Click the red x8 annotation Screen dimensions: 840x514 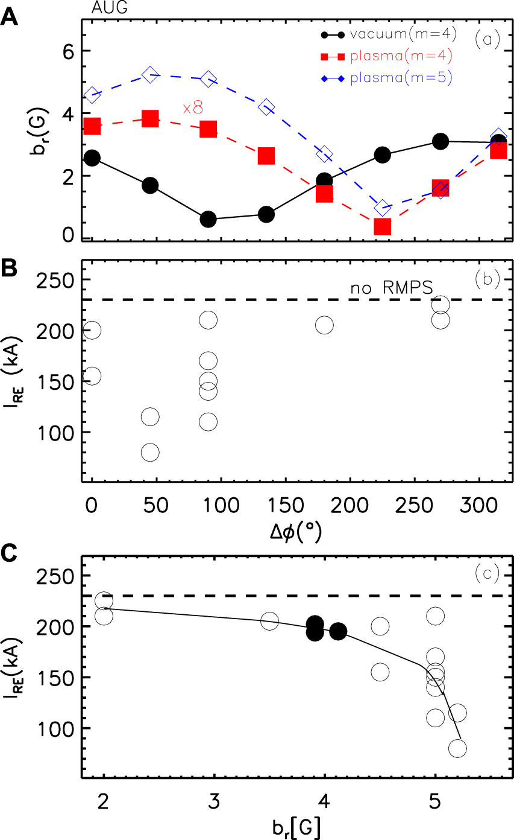coord(193,108)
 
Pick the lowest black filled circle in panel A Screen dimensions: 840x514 coord(208,219)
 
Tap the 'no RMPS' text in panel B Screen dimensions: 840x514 coord(392,288)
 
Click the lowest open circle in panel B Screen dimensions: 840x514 coord(150,452)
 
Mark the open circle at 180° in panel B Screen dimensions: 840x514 coord(324,325)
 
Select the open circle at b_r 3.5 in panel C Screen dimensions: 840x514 coord(269,621)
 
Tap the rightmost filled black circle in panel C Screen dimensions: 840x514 coord(338,631)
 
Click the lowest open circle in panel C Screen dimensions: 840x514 coord(457,748)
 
